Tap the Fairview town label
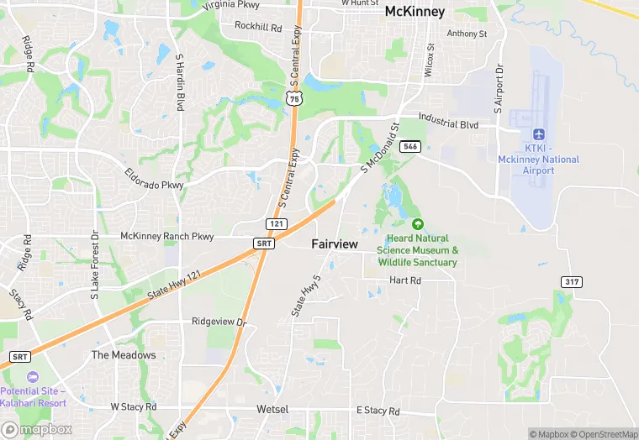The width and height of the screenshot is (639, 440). click(x=335, y=244)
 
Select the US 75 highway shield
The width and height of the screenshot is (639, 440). click(x=293, y=99)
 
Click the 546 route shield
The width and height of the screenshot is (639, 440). click(x=409, y=147)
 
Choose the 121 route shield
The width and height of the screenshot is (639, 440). click(x=277, y=225)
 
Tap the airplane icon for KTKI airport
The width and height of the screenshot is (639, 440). click(x=539, y=134)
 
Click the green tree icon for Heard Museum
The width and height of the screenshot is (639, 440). click(x=418, y=224)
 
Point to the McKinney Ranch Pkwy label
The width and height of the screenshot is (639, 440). click(x=167, y=237)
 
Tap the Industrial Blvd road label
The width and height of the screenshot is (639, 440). click(x=448, y=124)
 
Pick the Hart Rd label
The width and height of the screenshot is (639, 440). click(x=404, y=280)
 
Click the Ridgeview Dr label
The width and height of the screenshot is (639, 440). click(x=219, y=322)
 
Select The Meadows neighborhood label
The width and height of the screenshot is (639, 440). click(x=124, y=355)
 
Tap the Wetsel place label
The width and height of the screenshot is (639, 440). click(x=272, y=410)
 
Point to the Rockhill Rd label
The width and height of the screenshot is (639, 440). click(x=258, y=27)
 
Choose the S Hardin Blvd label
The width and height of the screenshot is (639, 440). click(x=180, y=82)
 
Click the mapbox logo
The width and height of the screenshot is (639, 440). click(x=38, y=429)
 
